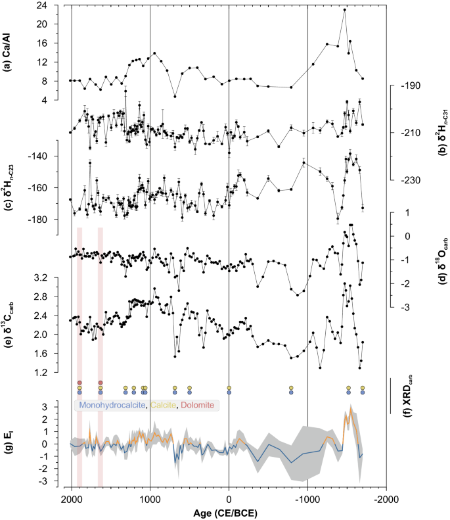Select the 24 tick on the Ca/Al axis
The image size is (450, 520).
(x=58, y=5)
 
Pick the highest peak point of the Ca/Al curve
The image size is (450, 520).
(x=345, y=10)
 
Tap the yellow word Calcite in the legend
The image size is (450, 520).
(x=166, y=406)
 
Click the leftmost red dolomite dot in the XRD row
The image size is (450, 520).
(x=79, y=383)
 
